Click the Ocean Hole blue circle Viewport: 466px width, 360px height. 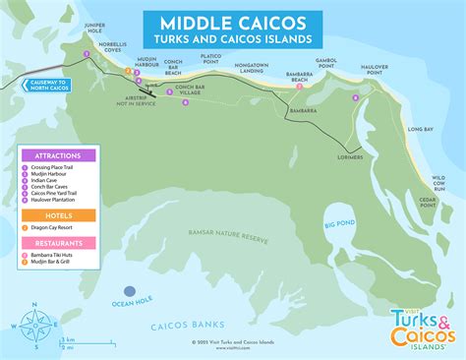coord(129,289)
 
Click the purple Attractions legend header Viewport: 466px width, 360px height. coord(58,155)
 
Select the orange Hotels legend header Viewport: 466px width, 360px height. coord(58,215)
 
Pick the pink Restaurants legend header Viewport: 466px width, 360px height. coord(58,241)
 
